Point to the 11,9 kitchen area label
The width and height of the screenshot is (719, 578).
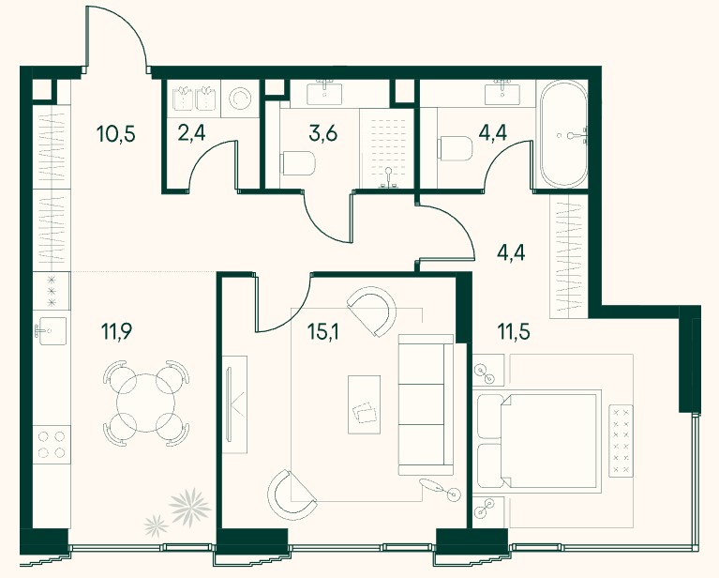[116, 331]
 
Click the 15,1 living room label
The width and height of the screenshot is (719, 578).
[322, 331]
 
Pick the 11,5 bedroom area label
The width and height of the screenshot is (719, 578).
[514, 330]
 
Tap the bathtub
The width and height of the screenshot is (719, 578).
[563, 133]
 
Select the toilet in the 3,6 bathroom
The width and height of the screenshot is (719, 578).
[298, 163]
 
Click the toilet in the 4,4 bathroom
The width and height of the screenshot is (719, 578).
[456, 148]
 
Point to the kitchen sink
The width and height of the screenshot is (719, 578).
[51, 331]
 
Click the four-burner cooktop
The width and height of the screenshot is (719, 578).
[52, 445]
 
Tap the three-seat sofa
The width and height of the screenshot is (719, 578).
[426, 404]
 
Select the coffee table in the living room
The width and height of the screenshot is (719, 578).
[364, 404]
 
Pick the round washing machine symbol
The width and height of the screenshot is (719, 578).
[240, 98]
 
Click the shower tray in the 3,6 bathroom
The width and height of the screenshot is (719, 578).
[387, 148]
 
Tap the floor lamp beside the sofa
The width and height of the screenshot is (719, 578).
[440, 488]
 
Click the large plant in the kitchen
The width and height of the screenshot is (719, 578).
[189, 506]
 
